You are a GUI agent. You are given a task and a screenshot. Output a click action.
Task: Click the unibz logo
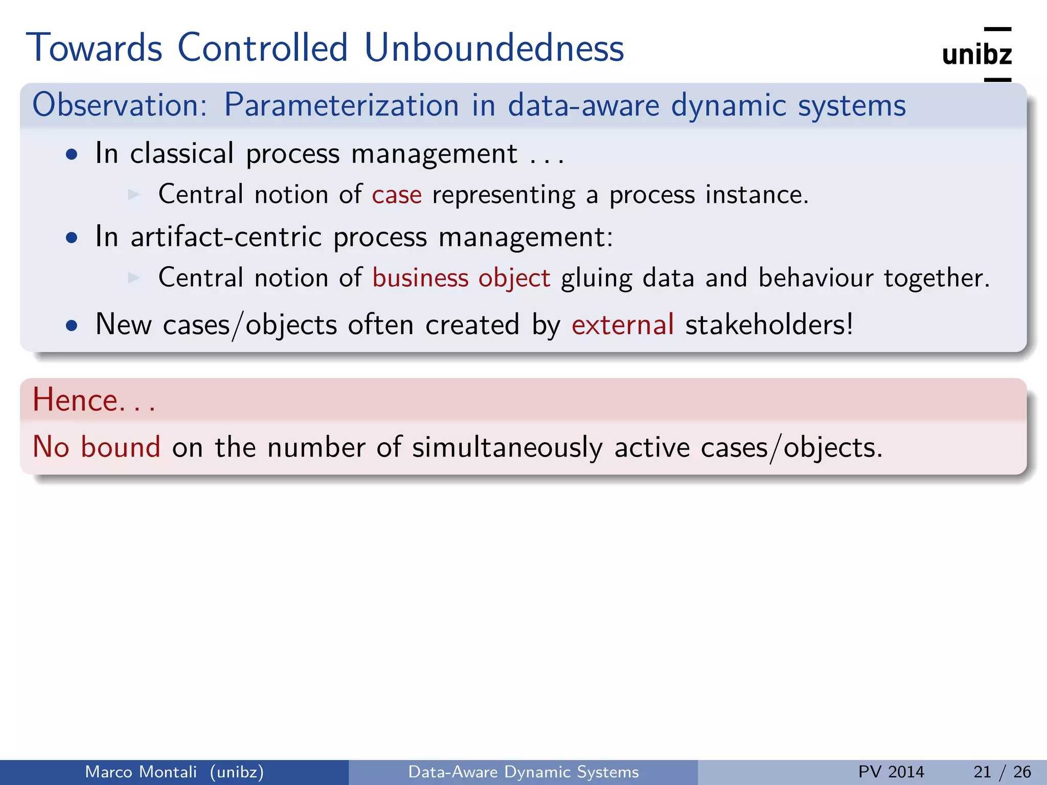(x=976, y=54)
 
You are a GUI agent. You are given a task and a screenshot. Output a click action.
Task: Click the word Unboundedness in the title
(x=494, y=48)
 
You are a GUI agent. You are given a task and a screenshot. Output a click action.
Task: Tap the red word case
(x=397, y=195)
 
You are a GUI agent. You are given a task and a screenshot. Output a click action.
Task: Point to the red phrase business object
(x=461, y=278)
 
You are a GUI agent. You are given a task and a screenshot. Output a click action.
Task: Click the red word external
(x=623, y=325)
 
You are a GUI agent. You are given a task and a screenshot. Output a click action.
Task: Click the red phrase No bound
(x=97, y=447)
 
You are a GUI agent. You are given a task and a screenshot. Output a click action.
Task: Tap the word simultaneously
(x=508, y=448)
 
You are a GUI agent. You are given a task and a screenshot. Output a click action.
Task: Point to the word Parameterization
(x=342, y=105)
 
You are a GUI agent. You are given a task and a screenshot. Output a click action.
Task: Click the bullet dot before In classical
(x=72, y=154)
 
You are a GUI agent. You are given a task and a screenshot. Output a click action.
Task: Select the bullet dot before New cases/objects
(x=72, y=326)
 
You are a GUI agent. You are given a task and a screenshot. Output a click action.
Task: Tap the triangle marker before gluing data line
(x=134, y=278)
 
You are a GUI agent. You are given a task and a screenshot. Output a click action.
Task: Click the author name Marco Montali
(x=141, y=772)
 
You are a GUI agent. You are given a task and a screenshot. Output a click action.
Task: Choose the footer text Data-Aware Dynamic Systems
(x=523, y=772)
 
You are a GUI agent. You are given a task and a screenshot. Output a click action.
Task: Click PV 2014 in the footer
(x=891, y=772)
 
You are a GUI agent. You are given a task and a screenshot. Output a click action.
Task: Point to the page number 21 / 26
(x=1002, y=772)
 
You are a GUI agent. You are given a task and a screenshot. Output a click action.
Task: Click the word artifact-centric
(x=226, y=237)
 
